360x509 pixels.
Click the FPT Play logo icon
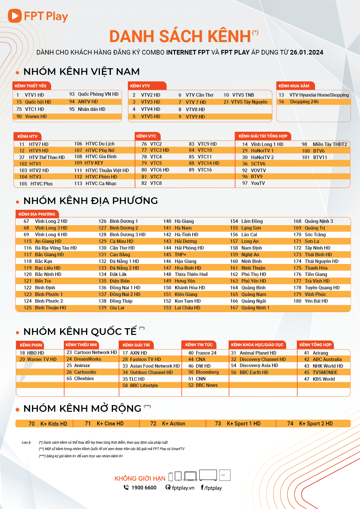coord(15,16)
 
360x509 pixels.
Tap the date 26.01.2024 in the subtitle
coord(306,52)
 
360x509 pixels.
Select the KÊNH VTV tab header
coord(140,86)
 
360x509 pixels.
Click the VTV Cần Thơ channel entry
coord(199,95)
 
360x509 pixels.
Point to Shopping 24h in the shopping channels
coord(304,102)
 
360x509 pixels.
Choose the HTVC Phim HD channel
coord(101,177)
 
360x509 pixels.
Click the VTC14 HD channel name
coord(208,163)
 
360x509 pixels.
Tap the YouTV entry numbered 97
coord(258,183)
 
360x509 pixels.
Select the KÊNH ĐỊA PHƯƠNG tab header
coord(37,214)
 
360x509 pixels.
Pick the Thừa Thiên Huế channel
coord(191,274)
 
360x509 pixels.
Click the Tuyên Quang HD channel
coord(322,288)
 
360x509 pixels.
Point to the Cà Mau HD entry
coord(121,241)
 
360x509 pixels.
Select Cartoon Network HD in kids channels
coord(95,352)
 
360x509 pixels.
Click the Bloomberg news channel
coord(207,372)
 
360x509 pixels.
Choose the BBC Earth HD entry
coord(254,372)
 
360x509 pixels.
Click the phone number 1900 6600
coord(144,488)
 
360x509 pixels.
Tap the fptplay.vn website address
coord(183,488)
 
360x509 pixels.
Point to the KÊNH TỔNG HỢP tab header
coord(315,345)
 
